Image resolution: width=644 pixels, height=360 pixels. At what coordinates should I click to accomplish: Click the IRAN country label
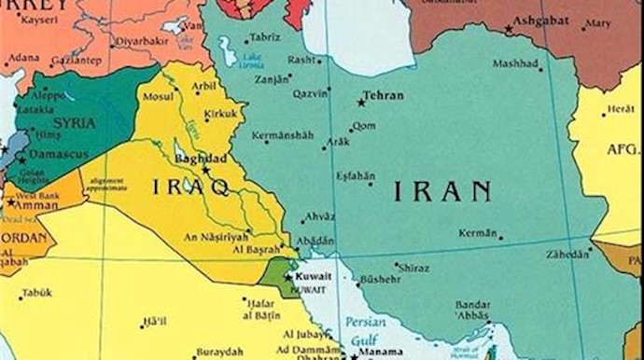[441, 192]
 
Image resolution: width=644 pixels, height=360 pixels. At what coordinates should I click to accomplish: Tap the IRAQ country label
[191, 187]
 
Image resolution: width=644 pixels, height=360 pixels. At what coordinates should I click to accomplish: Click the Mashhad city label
[515, 65]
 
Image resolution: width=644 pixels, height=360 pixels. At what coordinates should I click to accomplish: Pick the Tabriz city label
[265, 38]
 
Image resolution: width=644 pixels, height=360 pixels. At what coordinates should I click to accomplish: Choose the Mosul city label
[157, 96]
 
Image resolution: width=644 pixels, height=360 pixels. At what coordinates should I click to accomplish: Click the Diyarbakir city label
[141, 42]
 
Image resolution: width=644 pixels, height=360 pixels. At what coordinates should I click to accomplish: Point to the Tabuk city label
[38, 292]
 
